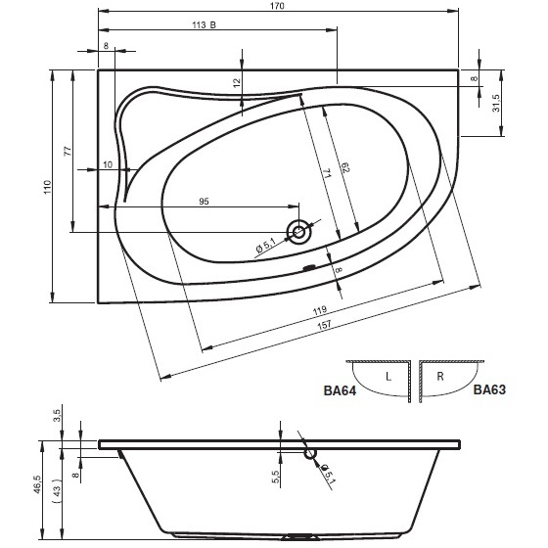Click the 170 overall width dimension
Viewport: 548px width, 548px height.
pyautogui.click(x=277, y=6)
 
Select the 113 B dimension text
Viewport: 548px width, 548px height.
pyautogui.click(x=205, y=24)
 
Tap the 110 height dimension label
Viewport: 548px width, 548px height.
pyautogui.click(x=48, y=187)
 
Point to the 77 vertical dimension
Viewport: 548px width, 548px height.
pyautogui.click(x=68, y=151)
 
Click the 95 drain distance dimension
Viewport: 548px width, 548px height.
pyautogui.click(x=204, y=202)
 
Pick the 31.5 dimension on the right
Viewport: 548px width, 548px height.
pyautogui.click(x=496, y=103)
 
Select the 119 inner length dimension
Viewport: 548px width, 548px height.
pyautogui.click(x=320, y=309)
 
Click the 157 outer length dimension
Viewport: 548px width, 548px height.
pyautogui.click(x=324, y=325)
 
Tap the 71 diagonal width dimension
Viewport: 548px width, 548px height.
pyautogui.click(x=327, y=174)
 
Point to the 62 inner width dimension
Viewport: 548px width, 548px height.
pyautogui.click(x=345, y=167)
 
